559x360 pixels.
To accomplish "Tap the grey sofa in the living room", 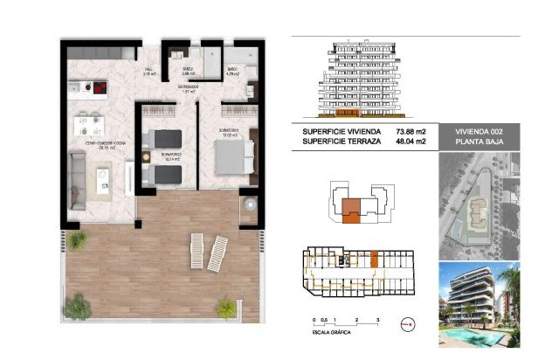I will [78, 175].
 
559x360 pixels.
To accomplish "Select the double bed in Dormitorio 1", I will [228, 156].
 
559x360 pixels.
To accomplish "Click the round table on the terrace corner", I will [249, 204].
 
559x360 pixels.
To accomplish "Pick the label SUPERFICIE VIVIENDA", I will [342, 131].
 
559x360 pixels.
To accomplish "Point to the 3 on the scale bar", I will [376, 321].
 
